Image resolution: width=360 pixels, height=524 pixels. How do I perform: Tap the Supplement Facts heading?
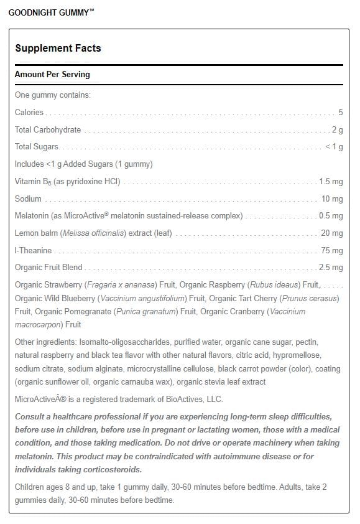[x=57, y=48]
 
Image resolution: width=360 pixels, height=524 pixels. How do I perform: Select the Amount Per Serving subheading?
[x=52, y=74]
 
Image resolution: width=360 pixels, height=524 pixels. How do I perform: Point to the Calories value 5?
[x=341, y=112]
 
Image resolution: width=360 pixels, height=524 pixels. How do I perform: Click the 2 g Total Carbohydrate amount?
[x=337, y=129]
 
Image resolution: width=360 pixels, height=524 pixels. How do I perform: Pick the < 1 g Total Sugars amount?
[x=334, y=147]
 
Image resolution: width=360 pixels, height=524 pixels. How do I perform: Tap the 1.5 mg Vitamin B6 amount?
[x=330, y=182]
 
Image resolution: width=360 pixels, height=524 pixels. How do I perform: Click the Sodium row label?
[x=28, y=199]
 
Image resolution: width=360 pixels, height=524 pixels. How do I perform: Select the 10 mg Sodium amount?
[x=333, y=199]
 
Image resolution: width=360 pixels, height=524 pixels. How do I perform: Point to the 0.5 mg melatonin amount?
[x=330, y=216]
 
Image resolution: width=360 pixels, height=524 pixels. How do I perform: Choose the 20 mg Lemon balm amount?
[x=333, y=233]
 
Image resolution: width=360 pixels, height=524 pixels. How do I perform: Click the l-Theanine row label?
[x=34, y=251]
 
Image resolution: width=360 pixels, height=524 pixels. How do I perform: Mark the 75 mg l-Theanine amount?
[x=333, y=251]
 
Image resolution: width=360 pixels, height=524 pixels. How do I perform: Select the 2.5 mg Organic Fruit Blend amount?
[x=330, y=268]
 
